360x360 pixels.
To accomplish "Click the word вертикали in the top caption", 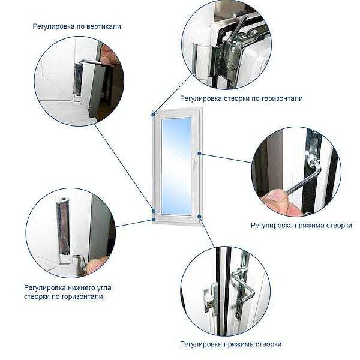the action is click(103, 26).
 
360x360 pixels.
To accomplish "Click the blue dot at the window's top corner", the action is click(154, 115).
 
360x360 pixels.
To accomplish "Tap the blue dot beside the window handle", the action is click(199, 154).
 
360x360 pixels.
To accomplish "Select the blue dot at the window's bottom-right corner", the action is click(199, 217).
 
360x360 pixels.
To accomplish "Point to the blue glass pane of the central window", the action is click(176, 166).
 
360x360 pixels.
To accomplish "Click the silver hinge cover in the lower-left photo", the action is click(63, 226).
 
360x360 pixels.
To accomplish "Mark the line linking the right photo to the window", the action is click(226, 158).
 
